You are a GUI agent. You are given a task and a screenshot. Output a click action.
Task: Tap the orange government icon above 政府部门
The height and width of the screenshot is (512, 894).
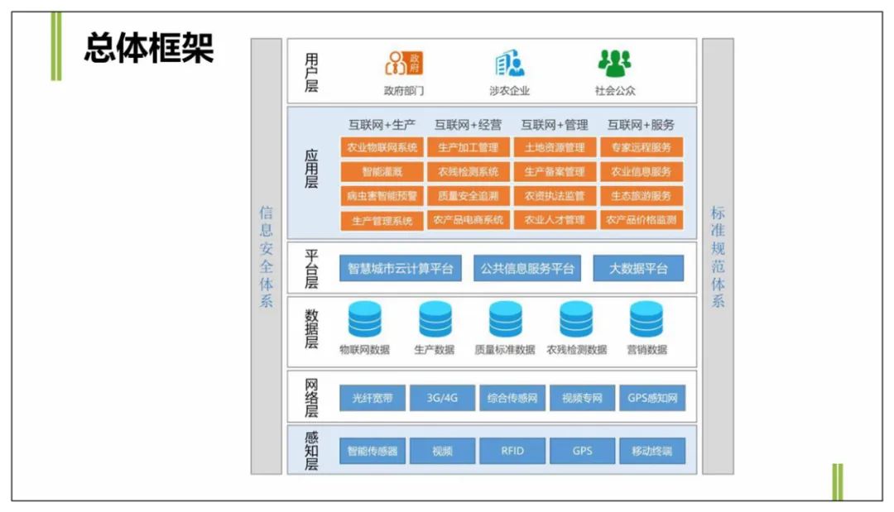pyautogui.click(x=404, y=63)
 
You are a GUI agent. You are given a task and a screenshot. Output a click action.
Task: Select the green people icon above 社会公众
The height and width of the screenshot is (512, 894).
pyautogui.click(x=614, y=63)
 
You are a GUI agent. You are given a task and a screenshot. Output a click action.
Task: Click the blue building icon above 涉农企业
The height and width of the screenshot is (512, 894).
pyautogui.click(x=509, y=63)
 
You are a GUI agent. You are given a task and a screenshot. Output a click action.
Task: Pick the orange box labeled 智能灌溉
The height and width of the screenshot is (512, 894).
pyautogui.click(x=382, y=172)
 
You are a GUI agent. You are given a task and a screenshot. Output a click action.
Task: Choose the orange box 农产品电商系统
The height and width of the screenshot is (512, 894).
pyautogui.click(x=468, y=220)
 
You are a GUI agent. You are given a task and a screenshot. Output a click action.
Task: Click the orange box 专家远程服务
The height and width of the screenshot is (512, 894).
pyautogui.click(x=642, y=148)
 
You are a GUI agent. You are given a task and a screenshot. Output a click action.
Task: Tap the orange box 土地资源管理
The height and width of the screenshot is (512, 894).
pyautogui.click(x=555, y=148)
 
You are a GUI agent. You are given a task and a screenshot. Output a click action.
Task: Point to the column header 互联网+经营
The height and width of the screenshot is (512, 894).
pyautogui.click(x=468, y=125)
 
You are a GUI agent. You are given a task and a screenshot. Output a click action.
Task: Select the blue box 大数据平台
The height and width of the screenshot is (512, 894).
pyautogui.click(x=638, y=268)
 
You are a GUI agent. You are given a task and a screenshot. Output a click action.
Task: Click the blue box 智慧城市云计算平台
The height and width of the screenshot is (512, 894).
pyautogui.click(x=401, y=268)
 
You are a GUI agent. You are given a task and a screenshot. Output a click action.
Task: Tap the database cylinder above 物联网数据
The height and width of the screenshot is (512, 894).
pyautogui.click(x=365, y=319)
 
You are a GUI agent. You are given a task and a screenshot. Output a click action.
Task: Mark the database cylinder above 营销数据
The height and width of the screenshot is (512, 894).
pyautogui.click(x=646, y=319)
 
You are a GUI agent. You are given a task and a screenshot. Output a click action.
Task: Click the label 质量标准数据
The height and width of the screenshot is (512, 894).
pyautogui.click(x=505, y=349)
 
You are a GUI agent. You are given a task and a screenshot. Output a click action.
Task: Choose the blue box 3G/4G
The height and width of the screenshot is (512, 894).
pyautogui.click(x=442, y=398)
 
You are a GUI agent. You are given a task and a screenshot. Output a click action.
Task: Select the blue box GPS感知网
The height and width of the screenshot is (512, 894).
pyautogui.click(x=652, y=398)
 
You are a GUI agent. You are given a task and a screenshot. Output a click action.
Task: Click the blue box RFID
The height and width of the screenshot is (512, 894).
pyautogui.click(x=512, y=451)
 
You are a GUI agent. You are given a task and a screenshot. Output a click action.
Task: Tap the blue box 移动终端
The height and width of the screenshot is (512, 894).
pyautogui.click(x=652, y=451)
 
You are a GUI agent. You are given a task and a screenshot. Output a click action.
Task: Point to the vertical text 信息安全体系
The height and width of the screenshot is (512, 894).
pyautogui.click(x=266, y=256)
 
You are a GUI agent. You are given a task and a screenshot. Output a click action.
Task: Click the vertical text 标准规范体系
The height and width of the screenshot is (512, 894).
pyautogui.click(x=718, y=256)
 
